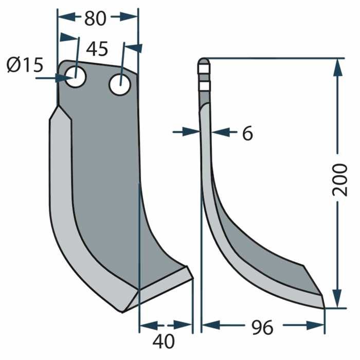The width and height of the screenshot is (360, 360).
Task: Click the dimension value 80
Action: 95,19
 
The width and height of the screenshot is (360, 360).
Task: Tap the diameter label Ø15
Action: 25,65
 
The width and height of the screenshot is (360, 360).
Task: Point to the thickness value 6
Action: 247,134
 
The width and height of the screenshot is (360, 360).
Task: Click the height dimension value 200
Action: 339,179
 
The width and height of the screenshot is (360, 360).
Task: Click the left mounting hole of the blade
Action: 76,78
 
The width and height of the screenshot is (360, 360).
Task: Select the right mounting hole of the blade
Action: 119,83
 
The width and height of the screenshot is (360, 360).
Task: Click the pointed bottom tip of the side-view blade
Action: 324,308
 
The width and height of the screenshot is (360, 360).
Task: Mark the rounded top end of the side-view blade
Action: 204,61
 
